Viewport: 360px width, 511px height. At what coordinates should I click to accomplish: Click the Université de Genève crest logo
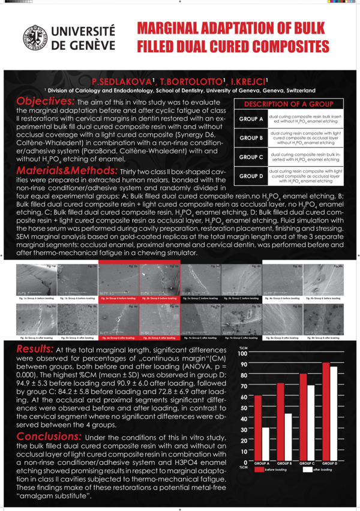point(34,37)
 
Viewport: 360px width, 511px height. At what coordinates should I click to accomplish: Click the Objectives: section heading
point(46,101)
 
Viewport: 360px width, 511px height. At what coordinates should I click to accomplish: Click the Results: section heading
point(37,350)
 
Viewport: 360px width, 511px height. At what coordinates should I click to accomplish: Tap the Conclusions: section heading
point(53,437)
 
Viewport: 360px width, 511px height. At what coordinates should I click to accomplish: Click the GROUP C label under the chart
point(307,464)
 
